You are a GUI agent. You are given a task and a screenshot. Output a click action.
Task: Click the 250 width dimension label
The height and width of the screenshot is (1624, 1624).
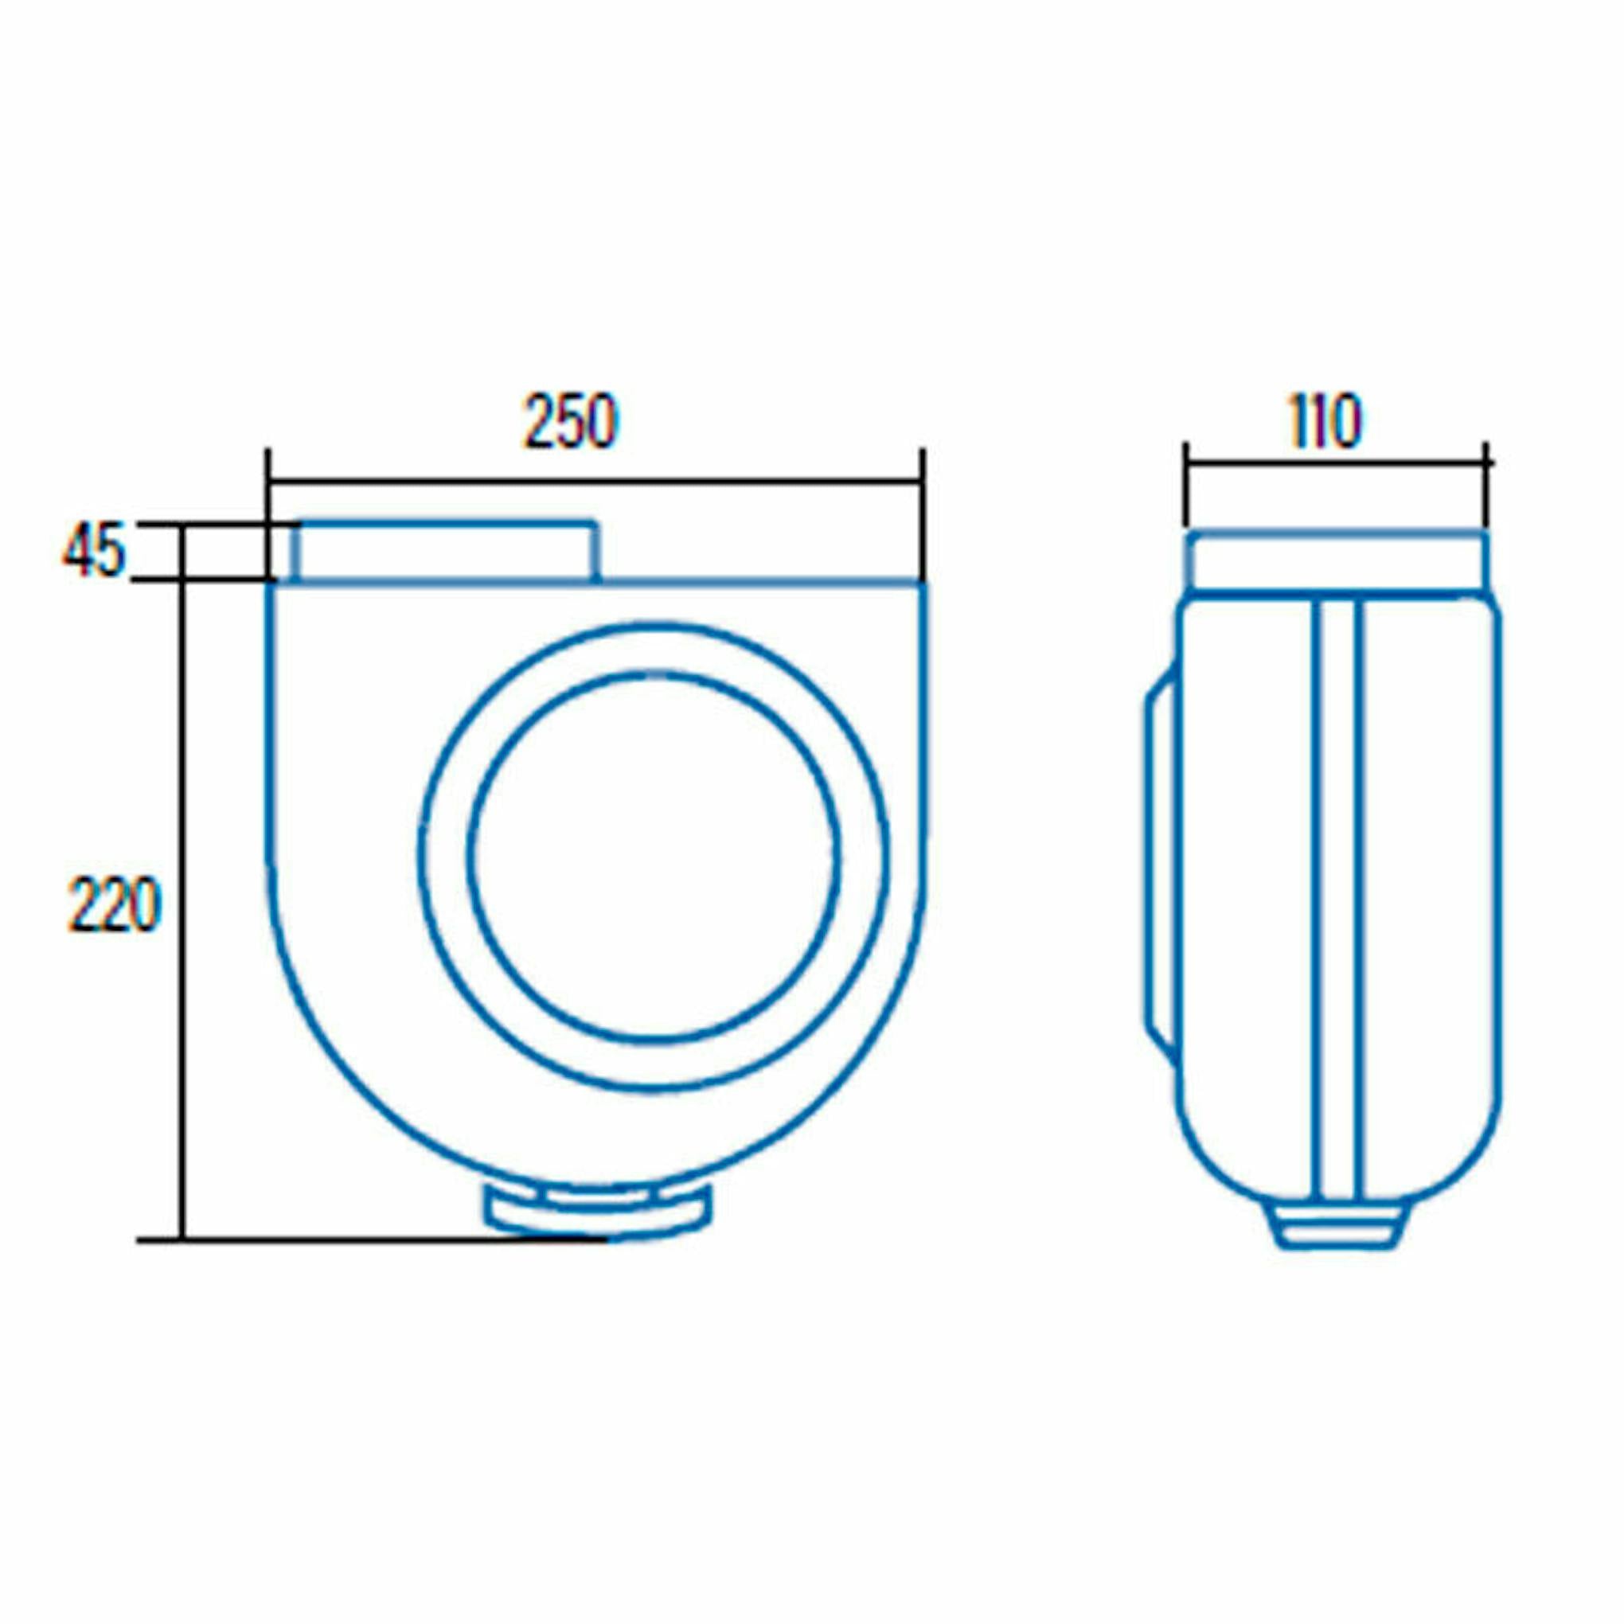click(571, 421)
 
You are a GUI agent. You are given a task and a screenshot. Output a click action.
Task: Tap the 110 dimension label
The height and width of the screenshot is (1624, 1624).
click(1325, 421)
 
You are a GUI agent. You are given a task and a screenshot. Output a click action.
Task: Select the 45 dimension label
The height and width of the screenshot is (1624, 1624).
click(93, 551)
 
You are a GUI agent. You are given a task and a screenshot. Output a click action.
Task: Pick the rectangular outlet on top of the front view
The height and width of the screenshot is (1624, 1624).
click(446, 552)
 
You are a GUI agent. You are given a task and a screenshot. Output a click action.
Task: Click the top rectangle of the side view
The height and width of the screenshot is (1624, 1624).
click(1337, 561)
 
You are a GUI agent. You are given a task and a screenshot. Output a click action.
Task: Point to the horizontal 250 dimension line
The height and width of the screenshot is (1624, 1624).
click(595, 482)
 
